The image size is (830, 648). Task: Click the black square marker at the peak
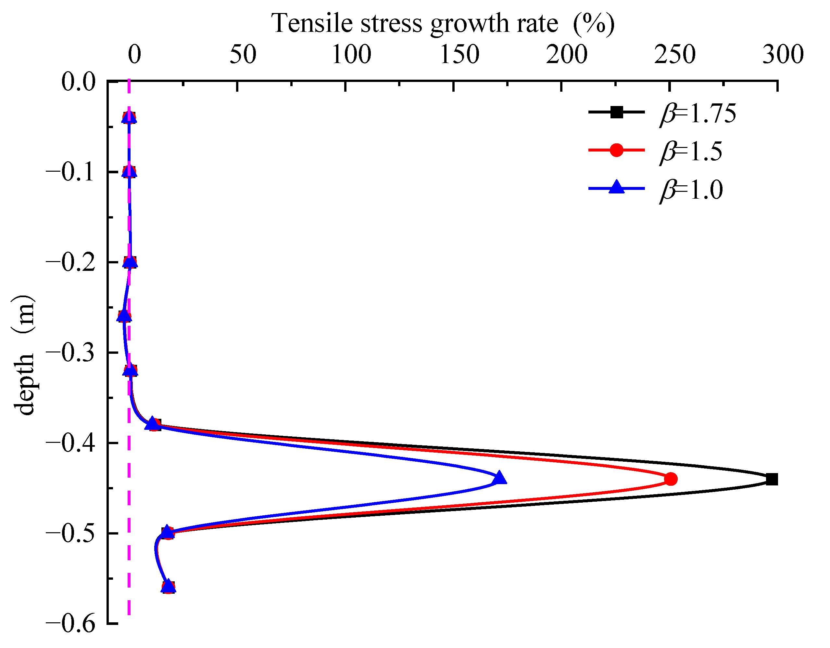(772, 480)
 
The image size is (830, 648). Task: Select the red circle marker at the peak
(671, 479)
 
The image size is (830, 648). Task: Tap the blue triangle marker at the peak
(499, 478)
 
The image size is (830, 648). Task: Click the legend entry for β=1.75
(661, 113)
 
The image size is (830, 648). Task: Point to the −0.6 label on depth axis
(70, 624)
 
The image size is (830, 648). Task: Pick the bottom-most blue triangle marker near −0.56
(169, 587)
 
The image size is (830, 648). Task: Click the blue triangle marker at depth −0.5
(167, 532)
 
